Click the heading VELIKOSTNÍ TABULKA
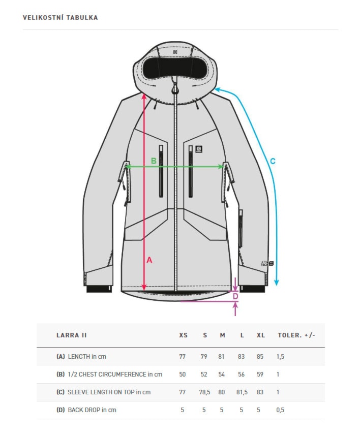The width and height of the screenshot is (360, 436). click(60, 18)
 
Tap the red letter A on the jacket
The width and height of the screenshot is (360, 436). click(149, 260)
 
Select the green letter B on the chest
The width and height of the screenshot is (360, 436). click(154, 161)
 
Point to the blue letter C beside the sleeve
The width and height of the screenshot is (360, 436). click(273, 162)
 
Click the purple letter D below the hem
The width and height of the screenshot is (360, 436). click(235, 296)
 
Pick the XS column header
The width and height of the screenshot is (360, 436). click(183, 335)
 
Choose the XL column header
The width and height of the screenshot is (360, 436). click(260, 335)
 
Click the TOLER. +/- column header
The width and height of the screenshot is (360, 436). click(296, 335)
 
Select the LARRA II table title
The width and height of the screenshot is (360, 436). click(71, 335)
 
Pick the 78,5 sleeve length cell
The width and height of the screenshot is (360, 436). click(204, 392)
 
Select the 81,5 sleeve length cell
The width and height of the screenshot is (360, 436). click(242, 392)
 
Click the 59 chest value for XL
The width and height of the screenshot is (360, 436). click(260, 375)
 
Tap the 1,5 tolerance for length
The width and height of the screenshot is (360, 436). click(280, 357)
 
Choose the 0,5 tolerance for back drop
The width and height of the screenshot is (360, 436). click(280, 410)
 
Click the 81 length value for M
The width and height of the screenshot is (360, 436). click(221, 357)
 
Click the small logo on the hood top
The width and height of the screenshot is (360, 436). click(175, 51)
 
